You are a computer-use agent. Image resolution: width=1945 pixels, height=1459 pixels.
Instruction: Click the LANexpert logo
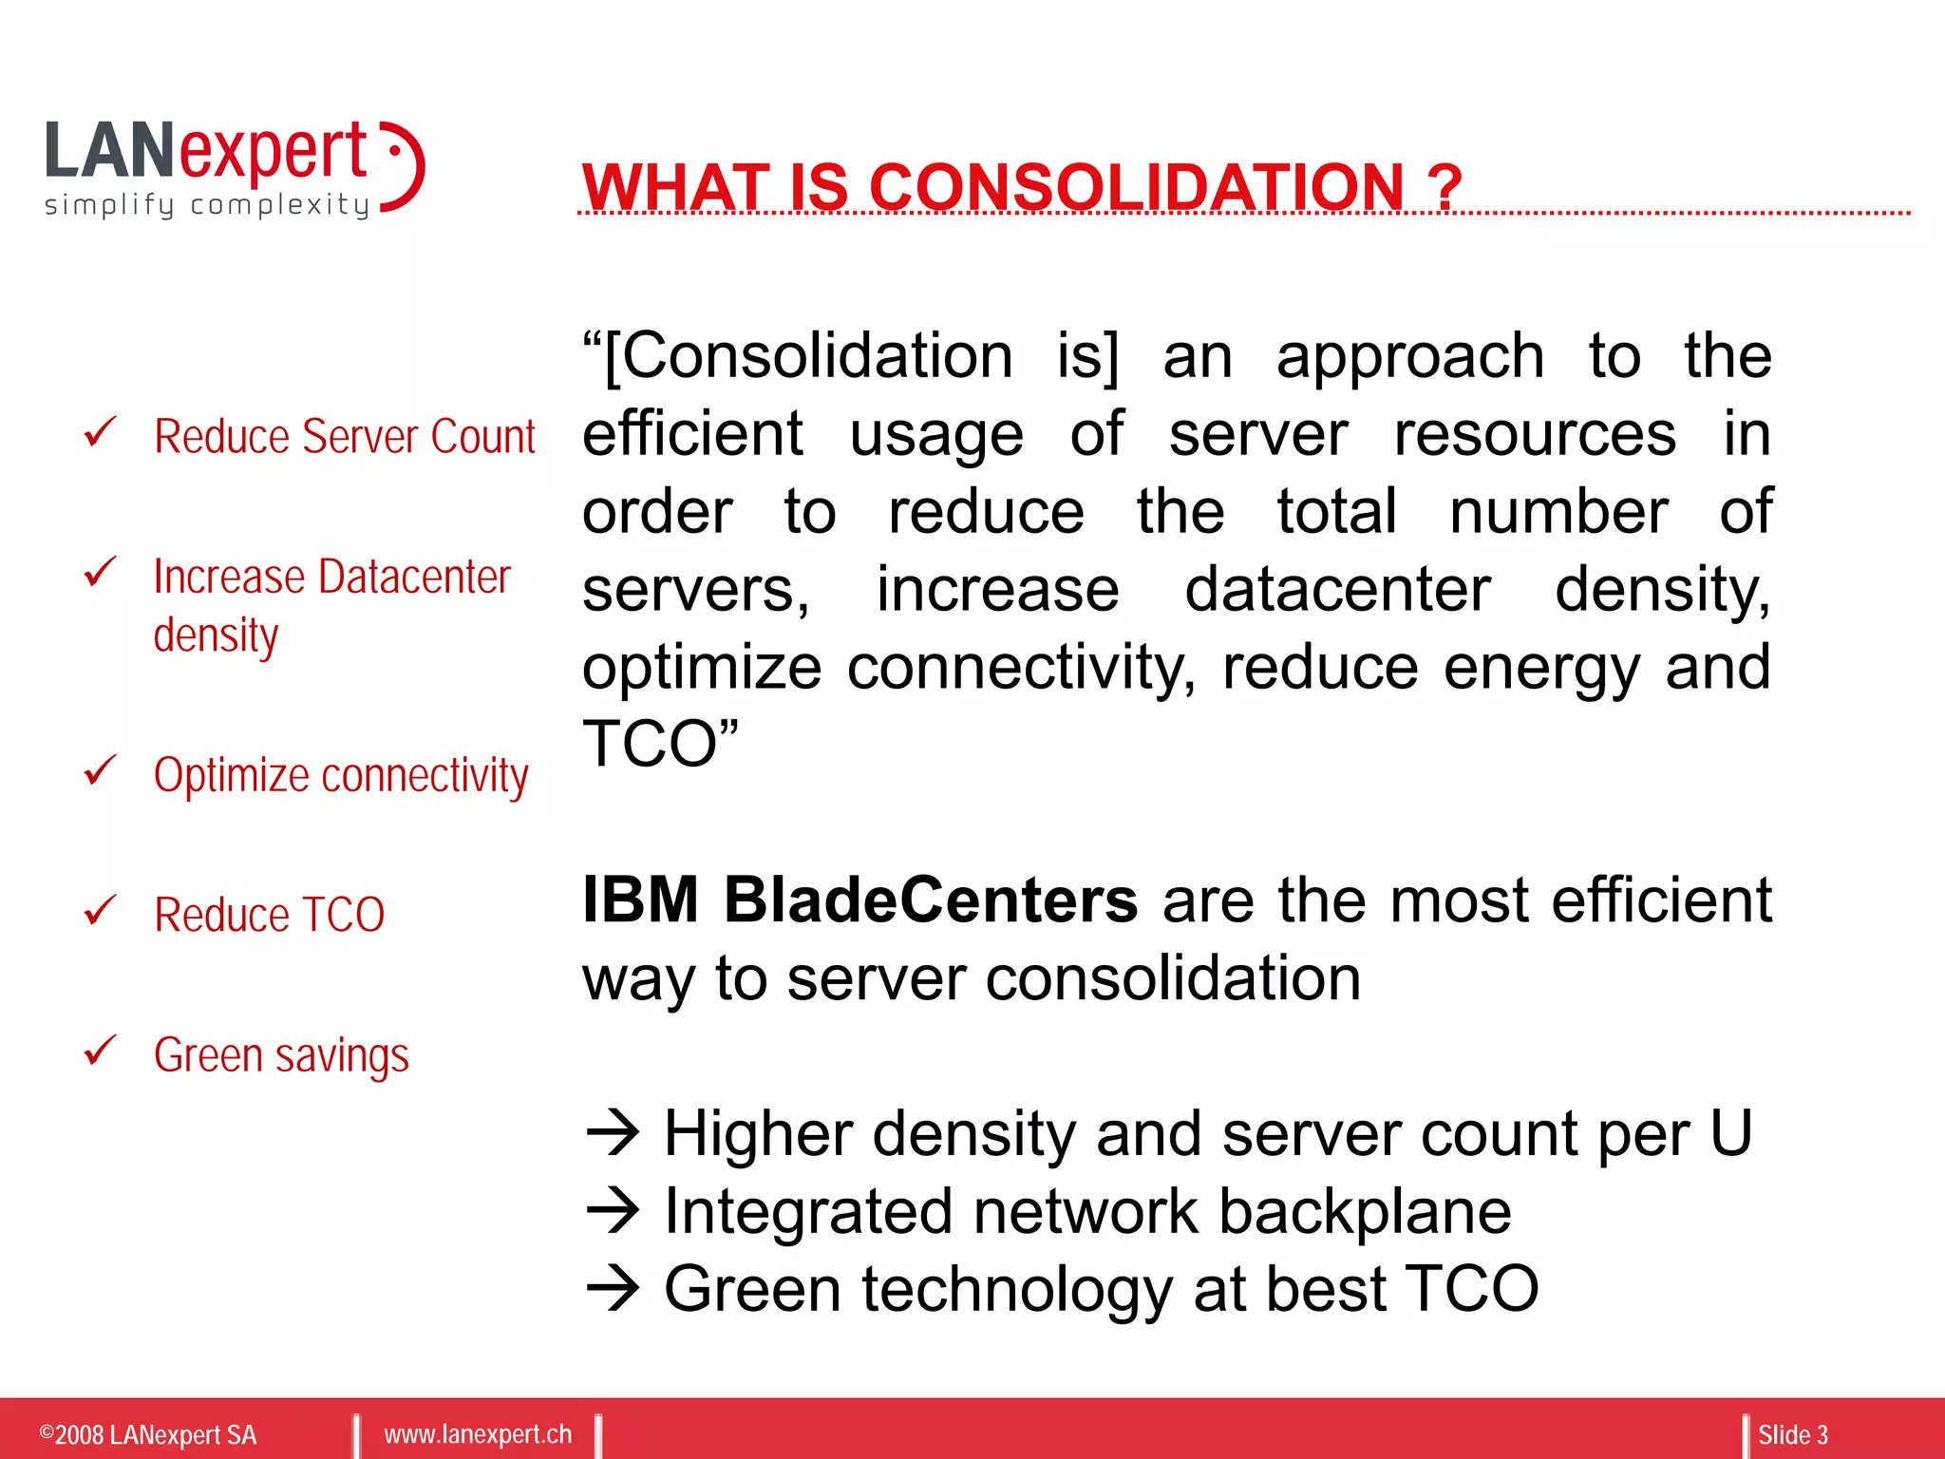[x=234, y=167]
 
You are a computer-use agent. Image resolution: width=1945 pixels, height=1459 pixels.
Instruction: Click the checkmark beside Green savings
[x=100, y=1051]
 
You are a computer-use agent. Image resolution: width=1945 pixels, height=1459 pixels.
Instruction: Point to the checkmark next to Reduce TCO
[x=100, y=910]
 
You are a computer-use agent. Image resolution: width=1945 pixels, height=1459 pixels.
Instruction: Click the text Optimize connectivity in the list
[x=341, y=775]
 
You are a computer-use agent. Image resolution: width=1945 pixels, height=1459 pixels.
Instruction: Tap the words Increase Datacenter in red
[x=331, y=577]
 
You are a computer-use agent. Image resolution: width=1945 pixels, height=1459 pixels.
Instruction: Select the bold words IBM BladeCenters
[x=859, y=900]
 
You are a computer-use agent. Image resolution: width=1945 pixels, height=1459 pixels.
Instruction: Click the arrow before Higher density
[x=614, y=1132]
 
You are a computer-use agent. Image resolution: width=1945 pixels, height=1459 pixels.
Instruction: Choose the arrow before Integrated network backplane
[x=614, y=1210]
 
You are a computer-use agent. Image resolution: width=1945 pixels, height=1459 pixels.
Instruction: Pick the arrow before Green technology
[x=614, y=1288]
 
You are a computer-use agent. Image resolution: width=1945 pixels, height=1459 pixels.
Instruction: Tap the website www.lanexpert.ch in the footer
[x=478, y=1433]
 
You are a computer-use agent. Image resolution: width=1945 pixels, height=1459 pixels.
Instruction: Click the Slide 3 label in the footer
[x=1792, y=1434]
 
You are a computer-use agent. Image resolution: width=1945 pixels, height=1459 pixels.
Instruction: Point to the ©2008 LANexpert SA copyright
[x=147, y=1434]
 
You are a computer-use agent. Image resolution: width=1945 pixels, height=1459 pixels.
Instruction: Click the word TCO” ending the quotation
[x=660, y=743]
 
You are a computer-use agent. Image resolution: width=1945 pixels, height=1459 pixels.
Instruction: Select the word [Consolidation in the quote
[x=807, y=357]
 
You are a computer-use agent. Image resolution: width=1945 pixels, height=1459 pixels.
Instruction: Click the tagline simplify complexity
[x=207, y=205]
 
